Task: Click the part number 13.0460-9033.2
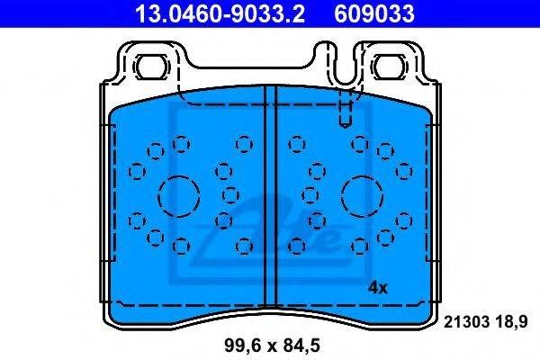pos(220,13)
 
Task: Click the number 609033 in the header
pos(374,13)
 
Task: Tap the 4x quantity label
pos(377,288)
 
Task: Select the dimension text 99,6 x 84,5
pos(272,346)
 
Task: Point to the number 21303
pos(466,322)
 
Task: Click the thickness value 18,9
pos(511,322)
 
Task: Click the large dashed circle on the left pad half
pos(179,196)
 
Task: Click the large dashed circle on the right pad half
pos(363,196)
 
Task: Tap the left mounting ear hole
pos(152,67)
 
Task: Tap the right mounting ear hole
pos(389,67)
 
